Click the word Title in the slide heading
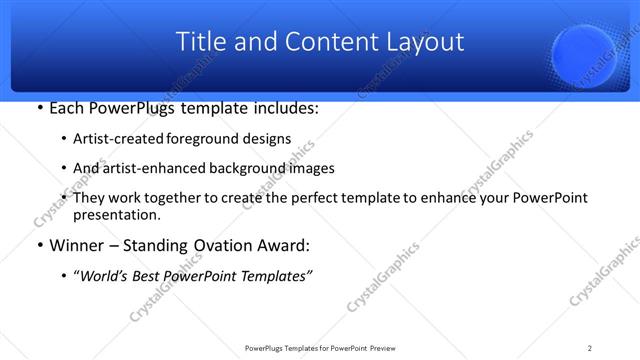tap(198, 42)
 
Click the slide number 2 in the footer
tap(590, 347)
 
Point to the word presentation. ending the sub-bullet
tap(116, 214)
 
